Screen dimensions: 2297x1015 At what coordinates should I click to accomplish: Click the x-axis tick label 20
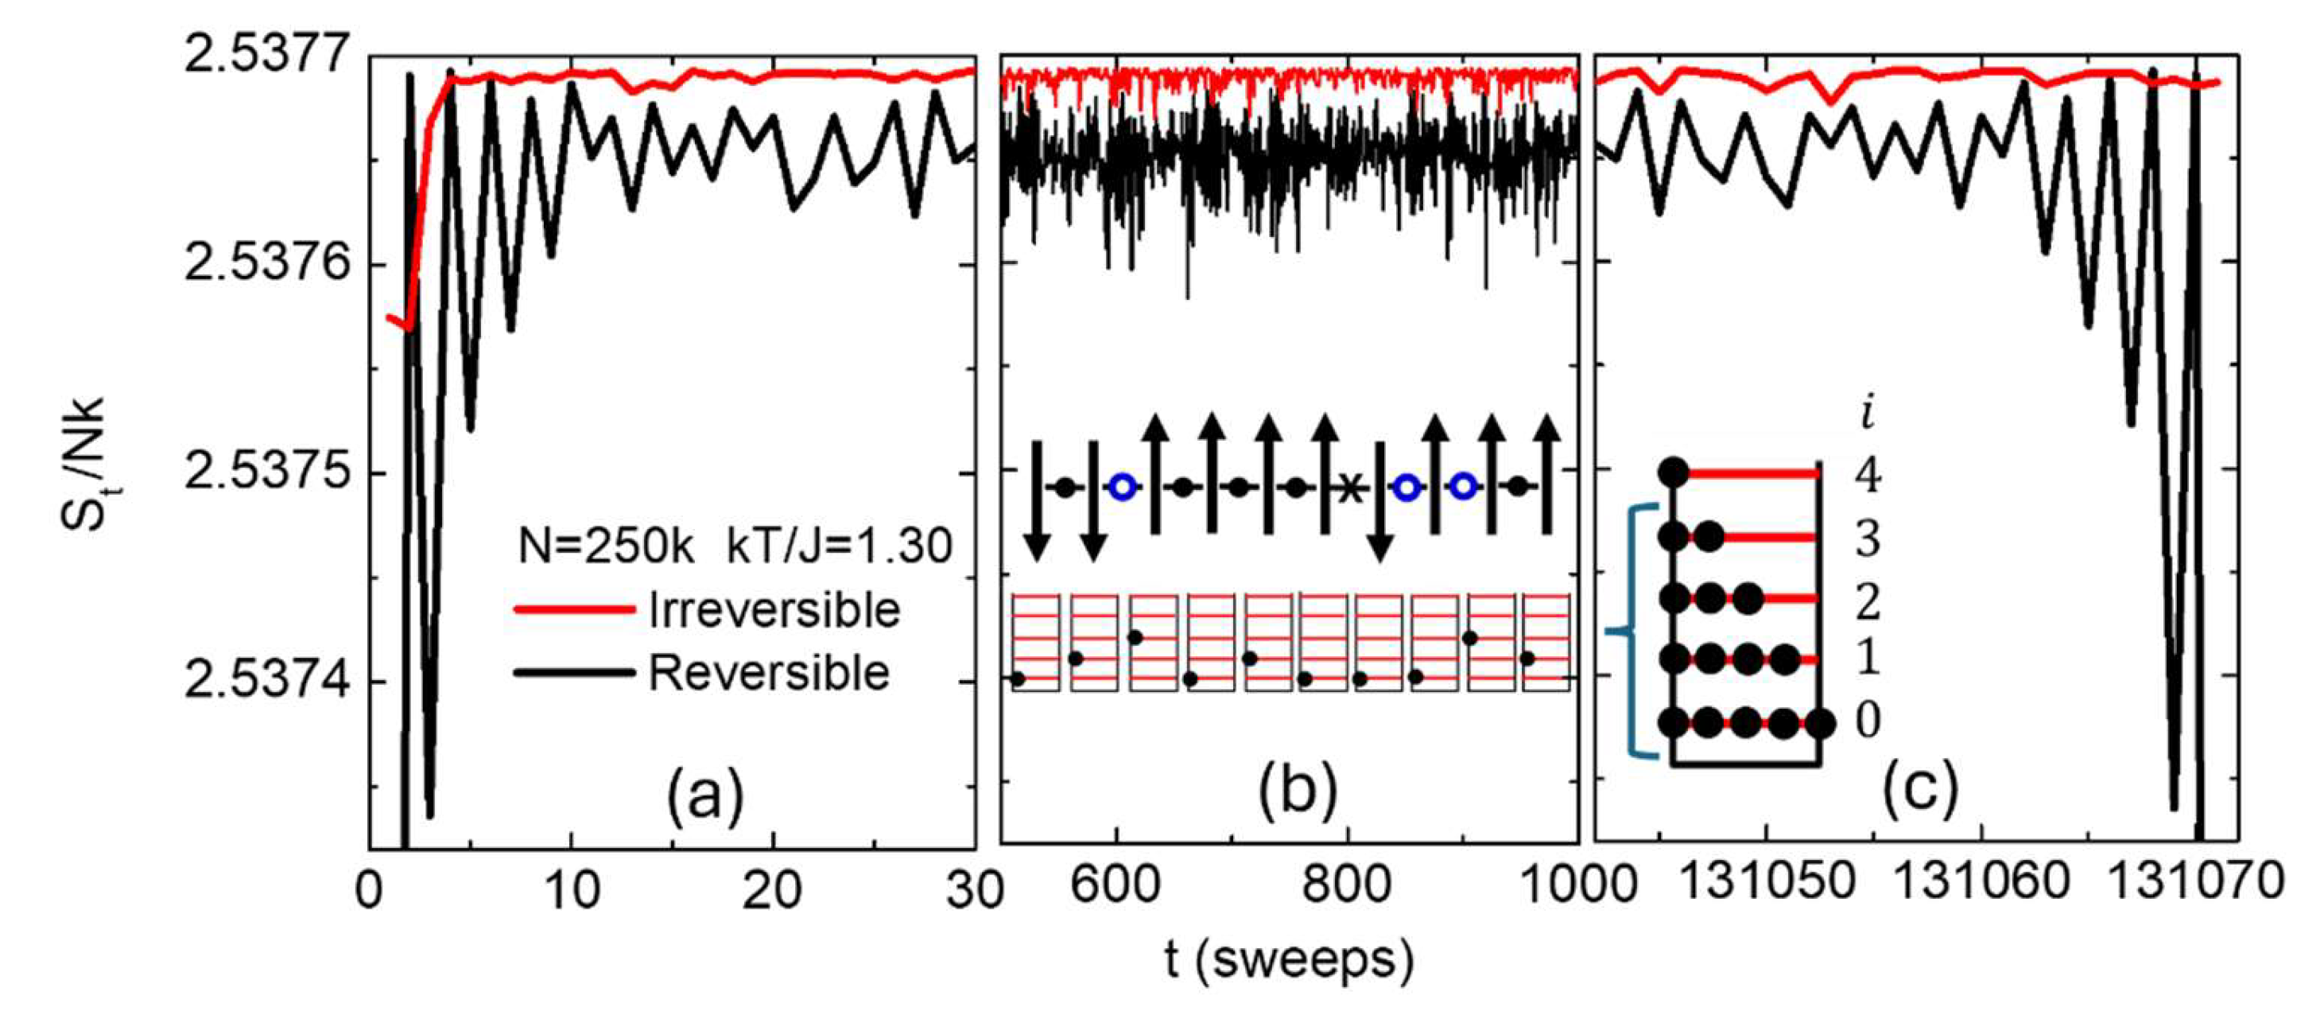[x=772, y=890]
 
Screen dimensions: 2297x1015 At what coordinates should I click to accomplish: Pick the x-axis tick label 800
[x=1346, y=890]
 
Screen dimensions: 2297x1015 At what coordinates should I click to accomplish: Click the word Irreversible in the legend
[x=774, y=610]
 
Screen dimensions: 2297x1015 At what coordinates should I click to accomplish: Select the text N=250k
[x=607, y=546]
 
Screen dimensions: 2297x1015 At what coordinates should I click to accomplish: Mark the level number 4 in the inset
[x=1867, y=476]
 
